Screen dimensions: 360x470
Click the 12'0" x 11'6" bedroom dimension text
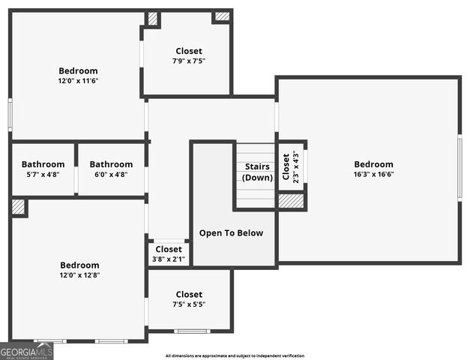(79, 81)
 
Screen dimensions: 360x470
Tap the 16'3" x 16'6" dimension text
(373, 174)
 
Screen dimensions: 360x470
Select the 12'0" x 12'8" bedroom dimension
(79, 275)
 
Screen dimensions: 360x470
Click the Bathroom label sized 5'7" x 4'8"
(43, 164)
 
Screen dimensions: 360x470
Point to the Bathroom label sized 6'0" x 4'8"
(111, 164)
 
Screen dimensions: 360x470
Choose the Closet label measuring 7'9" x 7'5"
(188, 51)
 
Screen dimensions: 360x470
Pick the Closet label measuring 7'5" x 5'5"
(188, 295)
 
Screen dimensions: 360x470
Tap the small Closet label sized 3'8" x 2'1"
(169, 249)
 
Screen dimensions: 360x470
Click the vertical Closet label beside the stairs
(286, 167)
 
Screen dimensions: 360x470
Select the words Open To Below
(231, 232)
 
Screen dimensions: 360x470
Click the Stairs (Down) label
(257, 172)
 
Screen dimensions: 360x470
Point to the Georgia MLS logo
(26, 351)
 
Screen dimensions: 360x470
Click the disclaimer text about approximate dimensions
(235, 355)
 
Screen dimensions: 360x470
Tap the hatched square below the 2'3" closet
(291, 200)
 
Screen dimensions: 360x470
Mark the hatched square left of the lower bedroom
(19, 207)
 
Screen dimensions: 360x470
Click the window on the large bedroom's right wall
(460, 167)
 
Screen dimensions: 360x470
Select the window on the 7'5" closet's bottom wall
(191, 331)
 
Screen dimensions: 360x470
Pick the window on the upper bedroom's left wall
(10, 115)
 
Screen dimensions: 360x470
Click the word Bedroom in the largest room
(373, 164)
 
